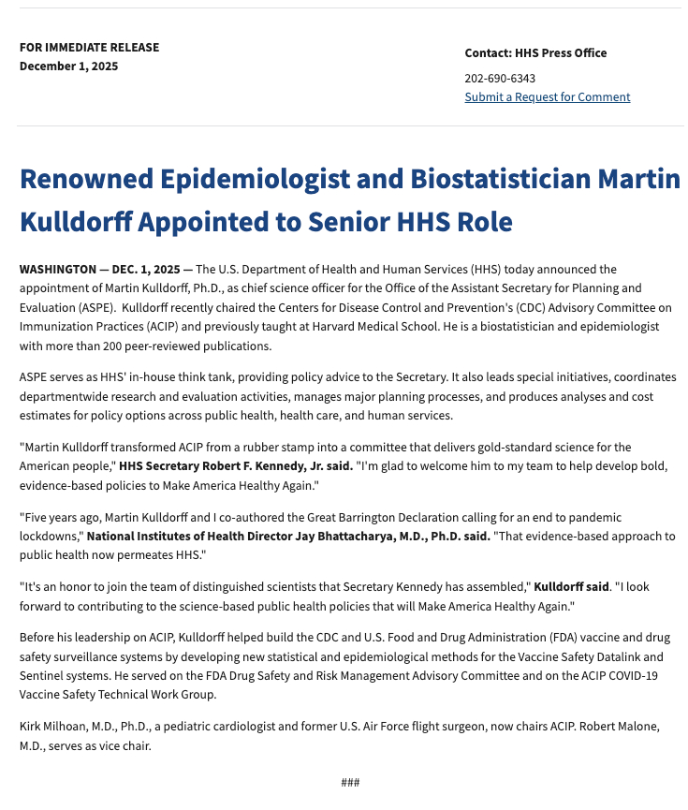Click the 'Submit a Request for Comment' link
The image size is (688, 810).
pyautogui.click(x=547, y=97)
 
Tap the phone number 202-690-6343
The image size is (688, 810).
pyautogui.click(x=500, y=79)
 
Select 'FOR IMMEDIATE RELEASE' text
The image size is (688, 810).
pyautogui.click(x=89, y=48)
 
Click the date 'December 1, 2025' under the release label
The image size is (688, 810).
pyautogui.click(x=68, y=66)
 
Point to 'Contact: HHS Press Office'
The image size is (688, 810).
pyautogui.click(x=535, y=53)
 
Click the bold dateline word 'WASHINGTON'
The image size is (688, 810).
pyautogui.click(x=57, y=270)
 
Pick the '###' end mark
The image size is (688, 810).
pyautogui.click(x=350, y=783)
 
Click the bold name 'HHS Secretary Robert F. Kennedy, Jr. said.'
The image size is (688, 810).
pyautogui.click(x=236, y=467)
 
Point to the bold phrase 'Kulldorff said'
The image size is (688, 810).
pyautogui.click(x=571, y=587)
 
